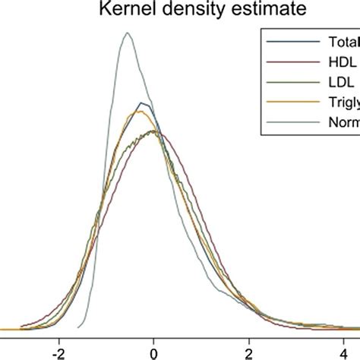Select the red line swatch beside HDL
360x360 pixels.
click(x=289, y=68)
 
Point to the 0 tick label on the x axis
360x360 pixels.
click(x=153, y=352)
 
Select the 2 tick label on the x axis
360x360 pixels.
click(x=249, y=352)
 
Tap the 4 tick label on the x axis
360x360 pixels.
click(x=345, y=352)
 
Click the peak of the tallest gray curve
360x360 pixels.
click(x=128, y=33)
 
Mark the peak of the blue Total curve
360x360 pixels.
click(x=142, y=102)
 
